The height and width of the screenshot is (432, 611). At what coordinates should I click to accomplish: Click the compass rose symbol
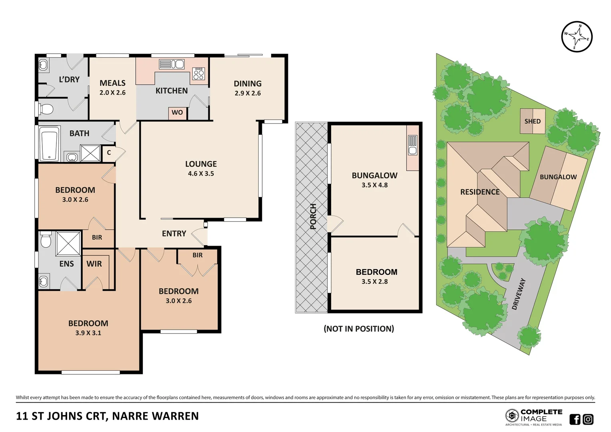click(x=577, y=37)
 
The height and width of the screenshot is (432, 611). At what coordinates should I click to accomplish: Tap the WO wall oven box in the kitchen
click(x=177, y=113)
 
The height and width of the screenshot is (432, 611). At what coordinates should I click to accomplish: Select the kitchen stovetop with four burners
click(x=199, y=74)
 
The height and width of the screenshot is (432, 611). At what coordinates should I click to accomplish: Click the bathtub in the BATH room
click(x=50, y=144)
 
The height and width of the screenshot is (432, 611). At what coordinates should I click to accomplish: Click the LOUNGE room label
click(x=201, y=164)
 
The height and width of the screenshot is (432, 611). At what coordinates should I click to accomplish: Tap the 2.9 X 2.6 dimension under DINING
click(x=248, y=93)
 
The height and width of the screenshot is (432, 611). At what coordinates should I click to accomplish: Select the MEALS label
click(x=112, y=83)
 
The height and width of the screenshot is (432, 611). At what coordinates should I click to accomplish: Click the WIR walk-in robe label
click(x=94, y=264)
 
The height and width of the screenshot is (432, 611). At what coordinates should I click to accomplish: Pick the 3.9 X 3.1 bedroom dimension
click(x=88, y=333)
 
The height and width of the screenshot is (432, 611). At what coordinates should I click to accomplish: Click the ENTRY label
click(x=174, y=234)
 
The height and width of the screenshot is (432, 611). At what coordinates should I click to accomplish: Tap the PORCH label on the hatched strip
click(x=313, y=216)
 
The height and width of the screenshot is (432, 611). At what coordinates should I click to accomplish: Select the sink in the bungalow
click(x=412, y=145)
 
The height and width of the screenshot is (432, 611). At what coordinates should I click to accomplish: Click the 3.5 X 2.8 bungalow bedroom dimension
click(x=375, y=282)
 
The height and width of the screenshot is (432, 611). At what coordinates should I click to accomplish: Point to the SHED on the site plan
click(x=533, y=121)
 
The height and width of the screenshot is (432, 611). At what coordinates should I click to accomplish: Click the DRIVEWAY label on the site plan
click(x=519, y=294)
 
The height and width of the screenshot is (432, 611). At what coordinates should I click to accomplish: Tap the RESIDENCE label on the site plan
click(x=480, y=192)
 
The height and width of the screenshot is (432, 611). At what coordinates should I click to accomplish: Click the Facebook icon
click(x=575, y=419)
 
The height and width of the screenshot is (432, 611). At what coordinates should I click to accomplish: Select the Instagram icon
click(x=588, y=419)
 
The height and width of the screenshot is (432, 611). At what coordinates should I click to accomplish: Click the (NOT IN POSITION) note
click(x=359, y=329)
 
